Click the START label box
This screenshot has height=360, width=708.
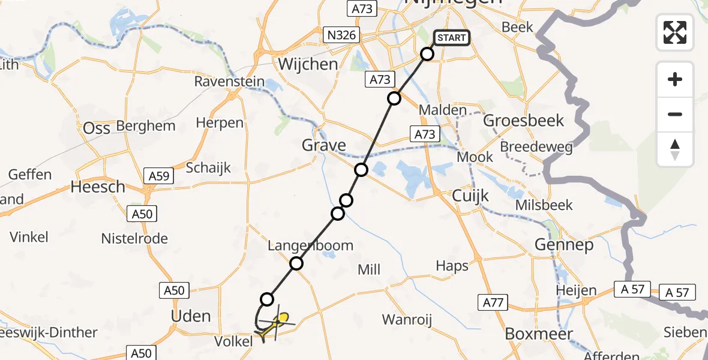tap(451, 38)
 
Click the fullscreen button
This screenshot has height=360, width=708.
tap(675, 32)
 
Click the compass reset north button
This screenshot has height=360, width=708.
tap(675, 149)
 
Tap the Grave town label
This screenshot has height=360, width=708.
tap(323, 145)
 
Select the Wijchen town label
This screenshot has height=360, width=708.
tap(308, 64)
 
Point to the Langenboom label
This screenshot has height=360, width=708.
tap(310, 245)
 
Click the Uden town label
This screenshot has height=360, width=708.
tap(191, 316)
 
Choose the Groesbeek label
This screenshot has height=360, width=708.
tap(523, 121)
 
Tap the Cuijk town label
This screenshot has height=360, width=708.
tap(471, 196)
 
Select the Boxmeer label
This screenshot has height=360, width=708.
tap(539, 333)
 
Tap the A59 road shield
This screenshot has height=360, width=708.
tap(159, 176)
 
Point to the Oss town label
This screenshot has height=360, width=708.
tap(97, 128)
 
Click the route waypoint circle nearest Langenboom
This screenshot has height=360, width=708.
tap(296, 263)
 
